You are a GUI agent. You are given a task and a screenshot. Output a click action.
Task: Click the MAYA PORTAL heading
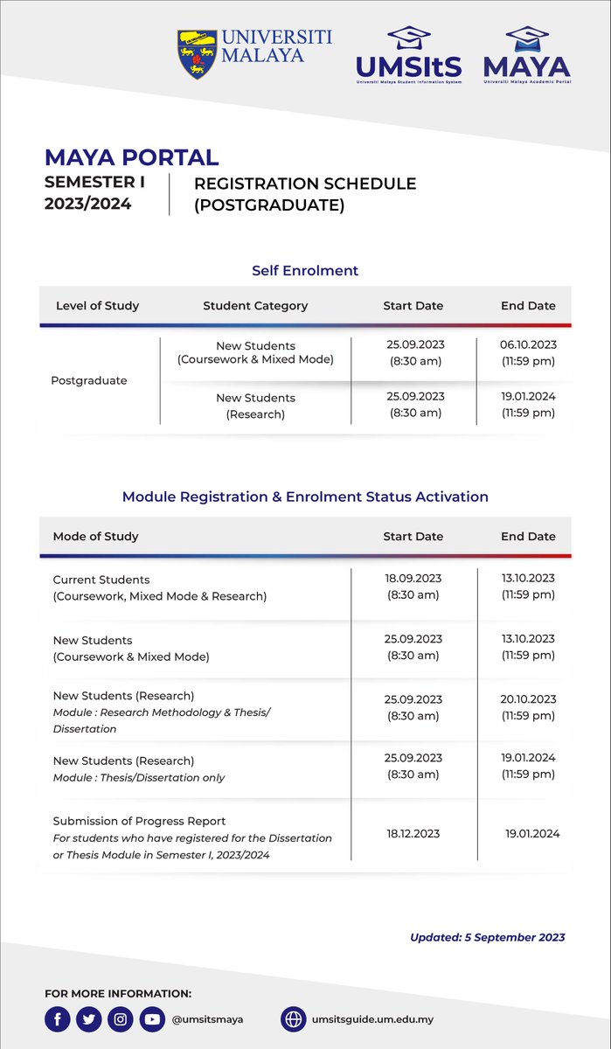(131, 158)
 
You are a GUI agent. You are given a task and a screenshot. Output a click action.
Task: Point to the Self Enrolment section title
(305, 271)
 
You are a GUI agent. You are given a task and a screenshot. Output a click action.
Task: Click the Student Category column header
(255, 306)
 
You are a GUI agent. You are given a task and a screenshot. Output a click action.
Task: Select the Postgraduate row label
(89, 380)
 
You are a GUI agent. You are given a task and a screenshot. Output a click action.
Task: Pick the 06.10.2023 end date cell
(528, 353)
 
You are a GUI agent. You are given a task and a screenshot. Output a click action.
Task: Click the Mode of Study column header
(95, 537)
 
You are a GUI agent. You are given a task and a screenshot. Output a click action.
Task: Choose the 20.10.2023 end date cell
(528, 707)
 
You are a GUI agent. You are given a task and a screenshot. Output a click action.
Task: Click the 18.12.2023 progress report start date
(413, 834)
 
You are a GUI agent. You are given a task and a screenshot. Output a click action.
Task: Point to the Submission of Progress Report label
(139, 821)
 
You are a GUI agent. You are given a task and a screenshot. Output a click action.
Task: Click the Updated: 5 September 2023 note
(487, 938)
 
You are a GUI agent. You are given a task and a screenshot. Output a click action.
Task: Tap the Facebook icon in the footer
(58, 1019)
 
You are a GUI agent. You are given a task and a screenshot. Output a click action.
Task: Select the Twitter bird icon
(89, 1019)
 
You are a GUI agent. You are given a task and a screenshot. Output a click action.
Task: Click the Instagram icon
(122, 1019)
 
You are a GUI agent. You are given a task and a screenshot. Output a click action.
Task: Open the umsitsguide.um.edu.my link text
(372, 1019)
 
